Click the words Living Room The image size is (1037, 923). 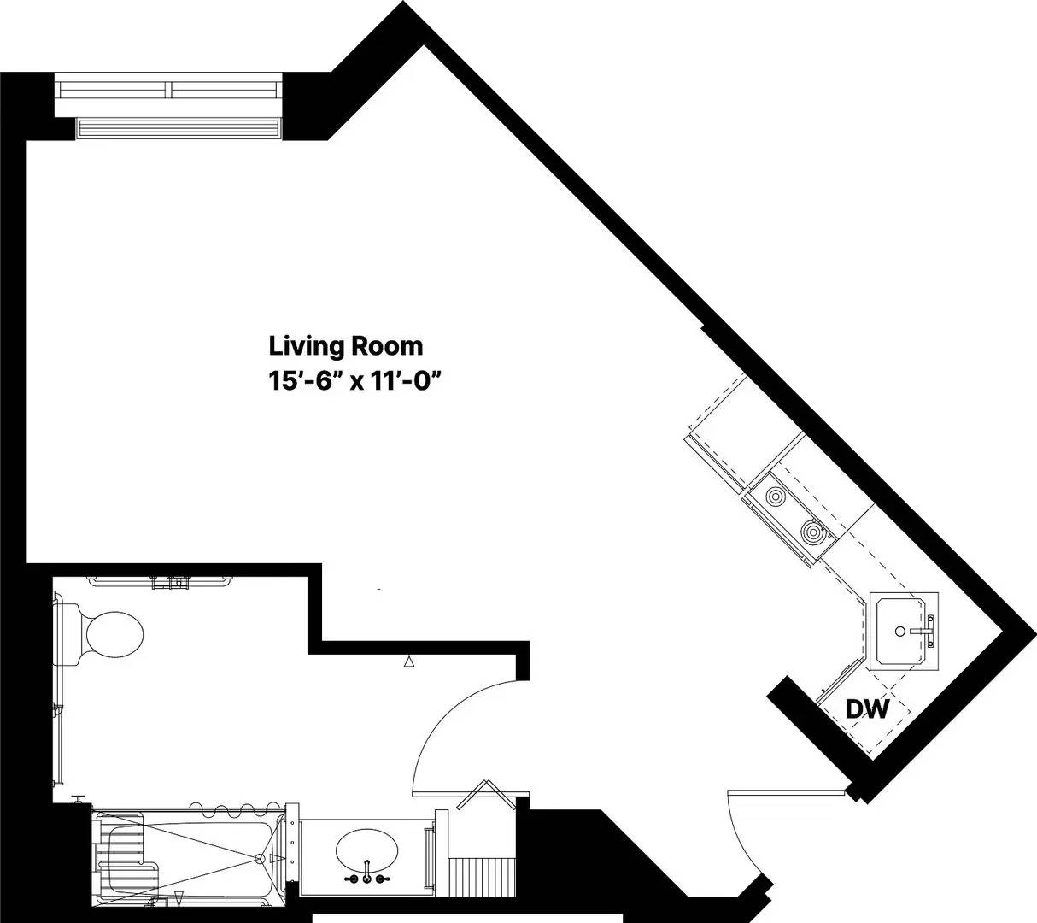pos(346,346)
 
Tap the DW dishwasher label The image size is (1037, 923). pos(867,708)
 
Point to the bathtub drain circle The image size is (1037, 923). pos(259,858)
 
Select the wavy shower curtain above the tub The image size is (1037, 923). pos(231,807)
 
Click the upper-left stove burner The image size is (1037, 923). pos(776,496)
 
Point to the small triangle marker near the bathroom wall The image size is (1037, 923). pos(409,661)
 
